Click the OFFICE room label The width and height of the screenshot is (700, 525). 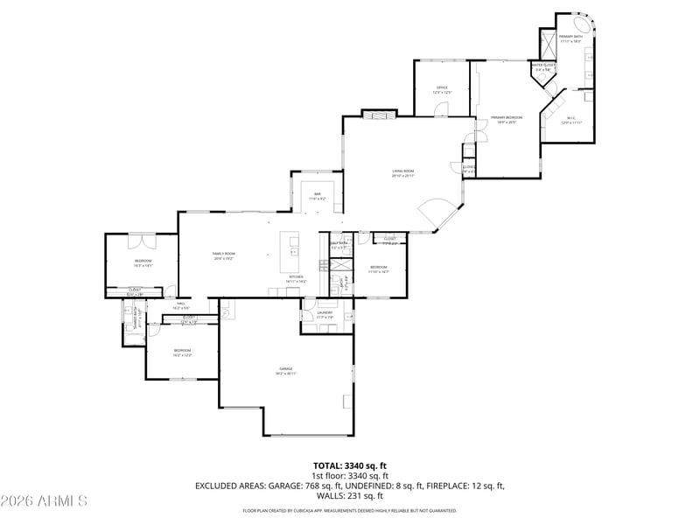point(443,88)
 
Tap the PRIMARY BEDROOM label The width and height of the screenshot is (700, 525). point(506,117)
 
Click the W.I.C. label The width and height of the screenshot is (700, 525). point(570,118)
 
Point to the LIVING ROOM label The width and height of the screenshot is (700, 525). point(402,171)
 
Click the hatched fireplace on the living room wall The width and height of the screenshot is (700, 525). point(380,114)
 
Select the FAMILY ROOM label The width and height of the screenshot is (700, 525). point(224,254)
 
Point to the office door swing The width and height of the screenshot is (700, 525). point(441,109)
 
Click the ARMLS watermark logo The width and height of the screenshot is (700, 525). point(44,501)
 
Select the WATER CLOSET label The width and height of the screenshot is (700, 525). point(543,65)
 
